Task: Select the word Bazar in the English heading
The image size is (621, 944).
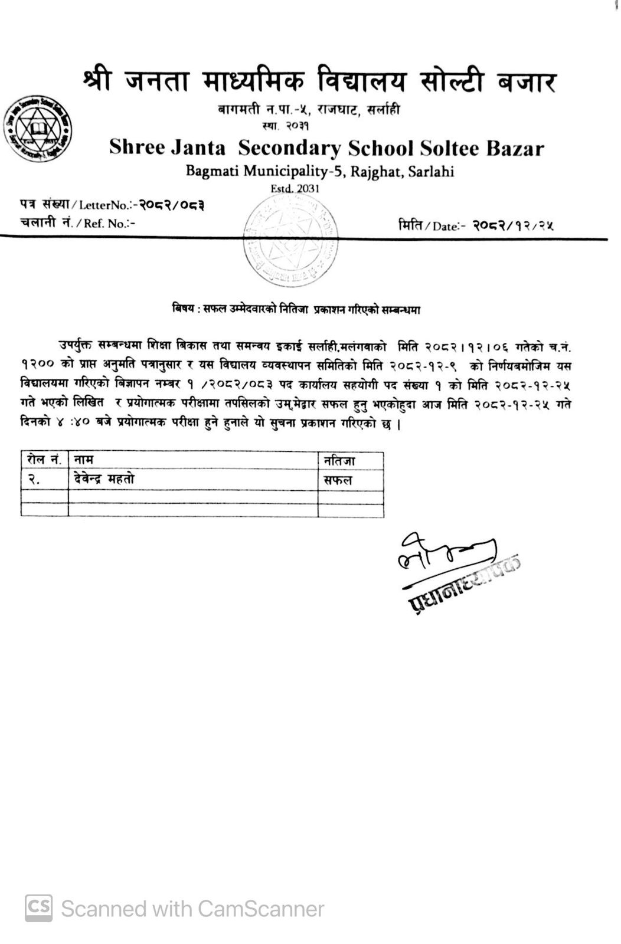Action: [514, 147]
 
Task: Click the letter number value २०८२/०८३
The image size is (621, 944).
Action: [171, 205]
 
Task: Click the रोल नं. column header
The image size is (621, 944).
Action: [44, 459]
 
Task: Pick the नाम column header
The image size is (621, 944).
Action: [84, 459]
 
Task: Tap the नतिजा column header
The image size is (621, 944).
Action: [339, 460]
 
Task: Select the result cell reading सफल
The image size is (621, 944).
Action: [337, 480]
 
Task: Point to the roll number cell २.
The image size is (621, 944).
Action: [34, 480]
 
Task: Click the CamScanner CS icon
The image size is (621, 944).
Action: [38, 907]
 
